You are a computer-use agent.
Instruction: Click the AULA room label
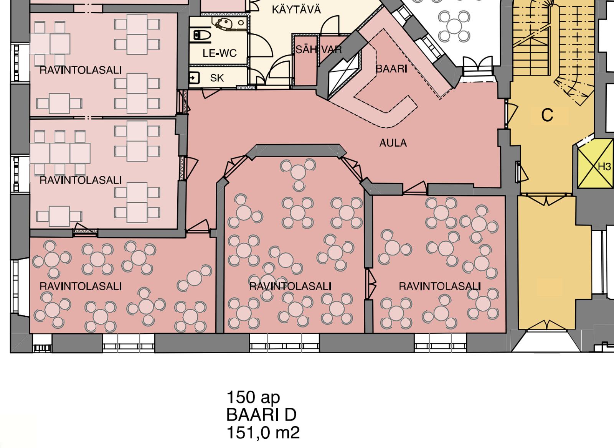pyautogui.click(x=393, y=143)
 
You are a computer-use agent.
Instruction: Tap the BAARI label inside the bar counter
pyautogui.click(x=391, y=69)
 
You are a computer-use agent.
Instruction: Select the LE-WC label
pyautogui.click(x=220, y=53)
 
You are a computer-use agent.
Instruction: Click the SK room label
pyautogui.click(x=217, y=78)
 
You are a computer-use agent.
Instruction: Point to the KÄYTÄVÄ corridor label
pyautogui.click(x=296, y=10)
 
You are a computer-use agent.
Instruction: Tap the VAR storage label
pyautogui.click(x=332, y=49)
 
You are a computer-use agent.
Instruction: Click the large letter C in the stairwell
pyautogui.click(x=547, y=115)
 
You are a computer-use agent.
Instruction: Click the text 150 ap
pyautogui.click(x=253, y=397)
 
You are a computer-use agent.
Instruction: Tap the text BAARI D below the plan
pyautogui.click(x=261, y=415)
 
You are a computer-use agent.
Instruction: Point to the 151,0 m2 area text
pyautogui.click(x=263, y=433)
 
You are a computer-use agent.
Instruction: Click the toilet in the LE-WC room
pyautogui.click(x=202, y=35)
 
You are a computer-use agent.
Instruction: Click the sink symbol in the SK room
pyautogui.click(x=194, y=78)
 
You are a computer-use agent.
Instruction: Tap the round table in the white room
pyautogui.click(x=454, y=25)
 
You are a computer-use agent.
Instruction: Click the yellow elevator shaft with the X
pyautogui.click(x=595, y=167)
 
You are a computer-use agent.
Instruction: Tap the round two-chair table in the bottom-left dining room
pyautogui.click(x=194, y=278)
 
